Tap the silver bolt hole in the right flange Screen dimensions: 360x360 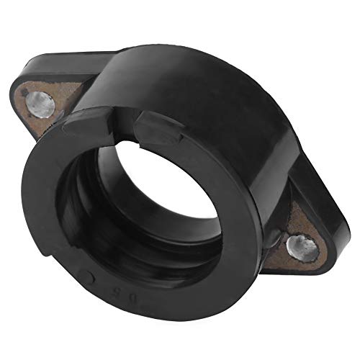pyautogui.click(x=300, y=247)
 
